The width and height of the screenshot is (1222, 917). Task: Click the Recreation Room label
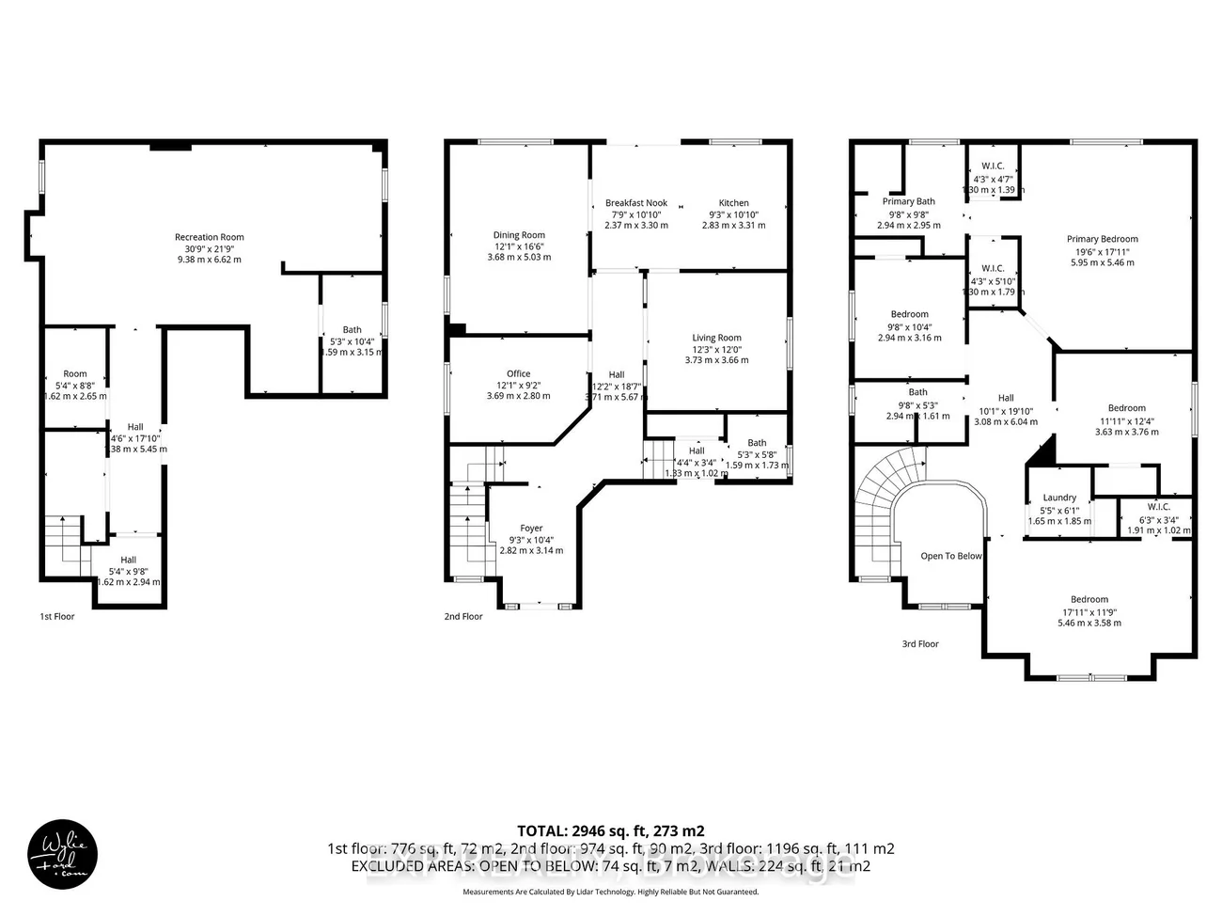pos(209,237)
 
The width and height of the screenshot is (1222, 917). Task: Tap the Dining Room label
pos(519,235)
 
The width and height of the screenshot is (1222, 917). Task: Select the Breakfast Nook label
pos(636,203)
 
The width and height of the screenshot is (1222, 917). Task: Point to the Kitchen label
pos(733,203)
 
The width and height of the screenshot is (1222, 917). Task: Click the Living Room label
pos(716,338)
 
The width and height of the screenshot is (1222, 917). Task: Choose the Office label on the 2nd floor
pos(518,373)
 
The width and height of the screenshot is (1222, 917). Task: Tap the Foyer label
pos(531,529)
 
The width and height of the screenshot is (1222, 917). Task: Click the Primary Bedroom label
pos(1102,239)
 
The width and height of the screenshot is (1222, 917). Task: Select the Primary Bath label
pos(908,201)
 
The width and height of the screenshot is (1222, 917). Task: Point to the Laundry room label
pos(1059,498)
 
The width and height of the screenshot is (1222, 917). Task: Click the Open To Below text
pos(950,556)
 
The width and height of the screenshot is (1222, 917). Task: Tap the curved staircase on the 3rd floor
pos(884,480)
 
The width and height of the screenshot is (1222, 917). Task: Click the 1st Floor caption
pos(56,617)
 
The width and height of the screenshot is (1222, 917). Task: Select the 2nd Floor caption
pos(462,617)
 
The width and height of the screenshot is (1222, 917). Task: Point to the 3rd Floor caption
pos(919,644)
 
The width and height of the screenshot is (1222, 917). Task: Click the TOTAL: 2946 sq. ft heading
pos(610,830)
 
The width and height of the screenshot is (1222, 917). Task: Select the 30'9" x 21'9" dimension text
pos(209,248)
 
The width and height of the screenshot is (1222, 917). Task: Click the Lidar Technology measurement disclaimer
pos(610,892)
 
